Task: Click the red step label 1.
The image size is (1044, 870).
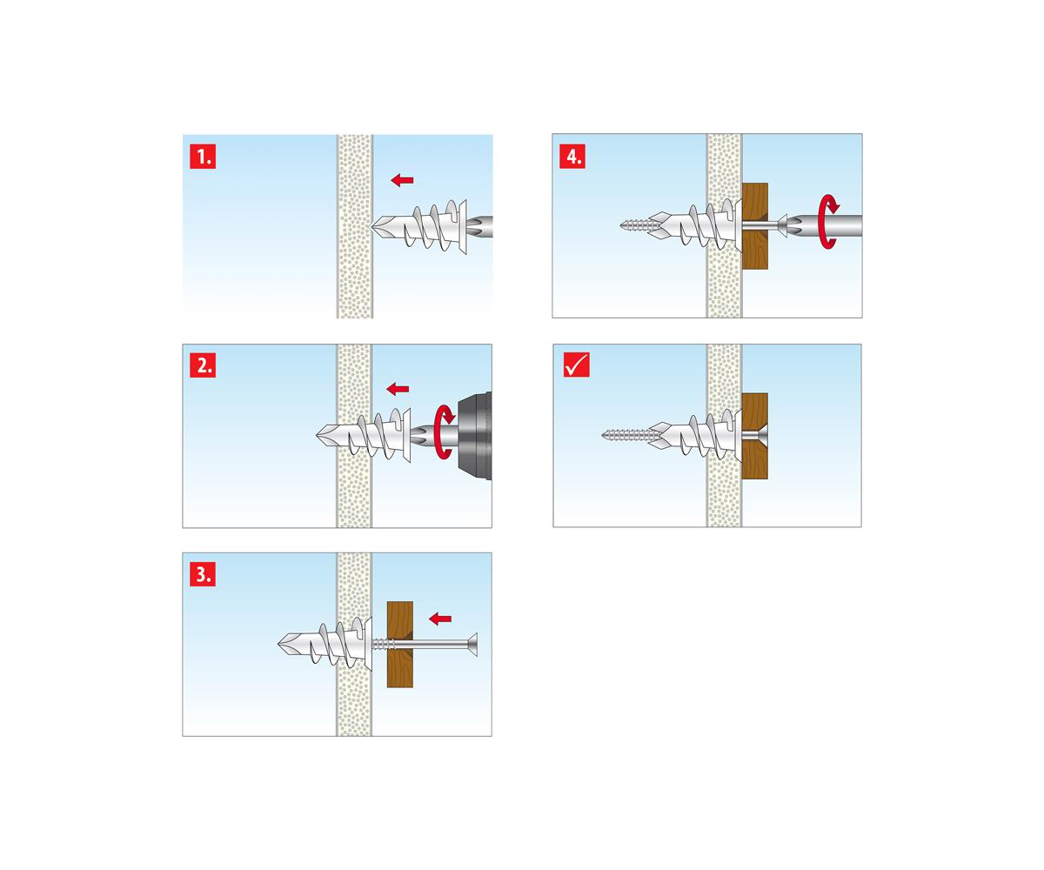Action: pyautogui.click(x=203, y=157)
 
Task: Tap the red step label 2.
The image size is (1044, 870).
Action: pyautogui.click(x=203, y=365)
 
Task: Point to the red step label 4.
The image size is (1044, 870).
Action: pyautogui.click(x=572, y=156)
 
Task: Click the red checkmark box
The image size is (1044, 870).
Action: pyautogui.click(x=577, y=364)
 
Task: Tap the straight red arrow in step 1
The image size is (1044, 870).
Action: pyautogui.click(x=402, y=180)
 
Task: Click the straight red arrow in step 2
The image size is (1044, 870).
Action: pyautogui.click(x=398, y=389)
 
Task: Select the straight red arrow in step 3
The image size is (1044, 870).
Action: pyautogui.click(x=440, y=619)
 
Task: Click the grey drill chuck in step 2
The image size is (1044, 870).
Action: pyautogui.click(x=474, y=436)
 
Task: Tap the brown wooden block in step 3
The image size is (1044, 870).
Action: pyautogui.click(x=400, y=644)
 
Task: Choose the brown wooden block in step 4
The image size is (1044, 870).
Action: pyautogui.click(x=755, y=226)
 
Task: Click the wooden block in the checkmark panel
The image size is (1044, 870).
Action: pyautogui.click(x=755, y=436)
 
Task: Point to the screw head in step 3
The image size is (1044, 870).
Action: pyautogui.click(x=473, y=644)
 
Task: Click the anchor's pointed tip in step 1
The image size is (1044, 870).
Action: pyautogui.click(x=372, y=226)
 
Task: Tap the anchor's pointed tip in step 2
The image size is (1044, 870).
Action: pyautogui.click(x=318, y=435)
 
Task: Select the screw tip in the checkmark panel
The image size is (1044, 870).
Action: pyautogui.click(x=604, y=435)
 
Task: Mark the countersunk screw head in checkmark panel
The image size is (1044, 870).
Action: pyautogui.click(x=761, y=435)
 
